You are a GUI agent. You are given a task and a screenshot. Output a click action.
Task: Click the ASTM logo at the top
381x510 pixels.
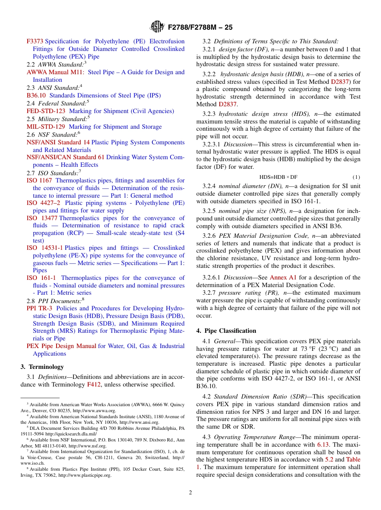pos(157,27)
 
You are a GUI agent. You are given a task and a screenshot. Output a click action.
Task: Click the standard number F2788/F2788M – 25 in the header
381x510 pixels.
pos(200,28)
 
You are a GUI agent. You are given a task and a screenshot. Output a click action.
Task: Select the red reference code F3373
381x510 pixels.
pos(35,41)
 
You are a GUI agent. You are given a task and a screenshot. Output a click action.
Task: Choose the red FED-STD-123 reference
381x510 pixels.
pos(46,111)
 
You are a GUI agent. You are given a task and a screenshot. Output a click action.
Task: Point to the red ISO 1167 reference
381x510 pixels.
pos(39,180)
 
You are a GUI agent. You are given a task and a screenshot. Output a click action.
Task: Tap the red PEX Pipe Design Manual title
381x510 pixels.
pos(61,346)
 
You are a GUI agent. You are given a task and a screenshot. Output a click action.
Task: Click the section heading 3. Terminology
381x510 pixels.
pos(42,367)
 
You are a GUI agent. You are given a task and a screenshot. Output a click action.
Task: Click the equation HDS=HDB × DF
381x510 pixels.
pos(278,177)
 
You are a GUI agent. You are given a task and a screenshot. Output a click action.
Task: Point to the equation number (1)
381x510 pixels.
pos(356,177)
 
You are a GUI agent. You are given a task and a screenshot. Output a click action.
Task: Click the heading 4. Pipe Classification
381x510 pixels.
pos(226,331)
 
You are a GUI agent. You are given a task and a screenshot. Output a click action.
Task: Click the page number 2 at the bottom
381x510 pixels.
pos(190,493)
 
